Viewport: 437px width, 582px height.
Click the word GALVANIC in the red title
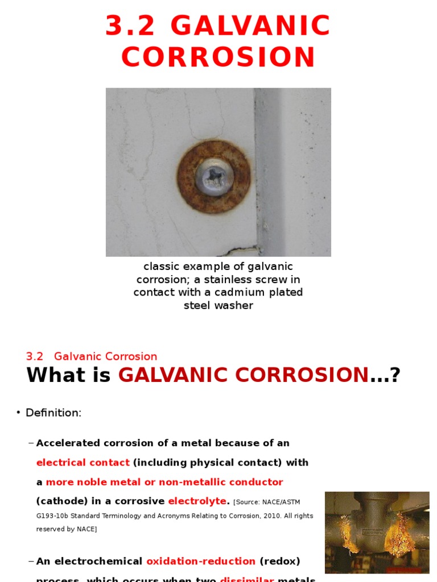click(x=250, y=27)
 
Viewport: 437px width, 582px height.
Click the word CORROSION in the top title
click(x=218, y=57)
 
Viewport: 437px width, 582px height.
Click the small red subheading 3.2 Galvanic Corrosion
click(x=92, y=357)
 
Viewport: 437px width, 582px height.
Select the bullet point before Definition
click(x=18, y=413)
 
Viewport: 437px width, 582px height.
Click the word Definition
click(x=53, y=413)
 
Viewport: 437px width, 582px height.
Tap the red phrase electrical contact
click(x=83, y=463)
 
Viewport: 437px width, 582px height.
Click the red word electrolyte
click(x=197, y=501)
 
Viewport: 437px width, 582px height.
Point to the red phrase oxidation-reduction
click(x=201, y=562)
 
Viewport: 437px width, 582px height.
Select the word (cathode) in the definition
click(x=62, y=501)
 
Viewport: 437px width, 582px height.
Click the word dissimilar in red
click(x=247, y=579)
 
